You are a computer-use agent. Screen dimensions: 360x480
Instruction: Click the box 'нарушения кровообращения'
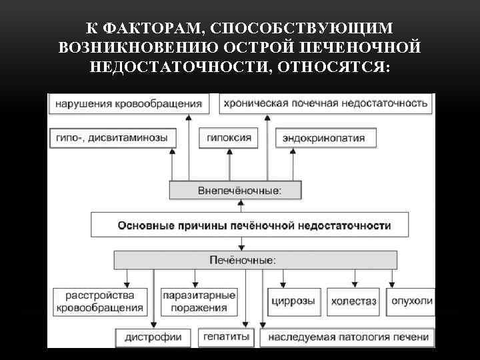point(128,104)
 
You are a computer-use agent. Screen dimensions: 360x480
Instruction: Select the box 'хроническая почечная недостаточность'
point(325,104)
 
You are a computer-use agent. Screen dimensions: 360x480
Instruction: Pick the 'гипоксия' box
point(229,138)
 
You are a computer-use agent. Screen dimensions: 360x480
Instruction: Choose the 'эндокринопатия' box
point(323,138)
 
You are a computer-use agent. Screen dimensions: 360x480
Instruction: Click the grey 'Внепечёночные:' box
point(235,191)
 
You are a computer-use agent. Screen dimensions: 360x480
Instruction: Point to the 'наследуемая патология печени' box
point(348,337)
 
